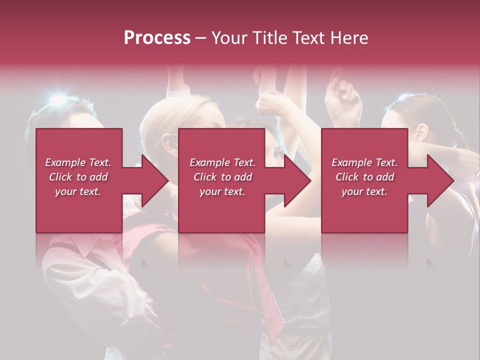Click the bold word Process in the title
pyautogui.click(x=157, y=38)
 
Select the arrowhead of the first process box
pyautogui.click(x=155, y=180)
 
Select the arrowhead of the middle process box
pyautogui.click(x=297, y=180)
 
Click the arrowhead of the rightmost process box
pyautogui.click(x=440, y=180)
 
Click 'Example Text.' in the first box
pyautogui.click(x=78, y=162)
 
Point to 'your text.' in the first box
pyautogui.click(x=78, y=191)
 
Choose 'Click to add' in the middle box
pyautogui.click(x=222, y=177)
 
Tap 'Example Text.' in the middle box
pyautogui.click(x=222, y=162)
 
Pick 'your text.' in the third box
pyautogui.click(x=364, y=191)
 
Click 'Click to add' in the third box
pyautogui.click(x=364, y=177)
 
